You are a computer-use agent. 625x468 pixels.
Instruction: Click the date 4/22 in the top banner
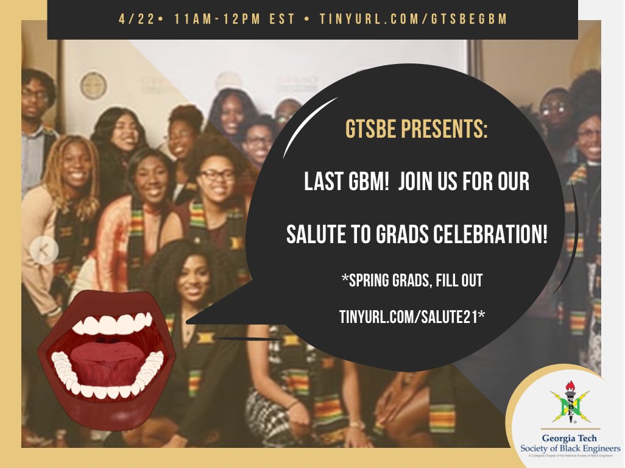click(131, 19)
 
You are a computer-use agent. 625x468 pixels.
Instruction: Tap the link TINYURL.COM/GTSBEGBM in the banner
click(414, 19)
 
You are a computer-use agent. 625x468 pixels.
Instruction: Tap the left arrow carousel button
click(44, 249)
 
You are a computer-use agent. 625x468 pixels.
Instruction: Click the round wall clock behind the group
click(93, 85)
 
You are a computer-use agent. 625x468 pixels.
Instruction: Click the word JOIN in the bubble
click(420, 182)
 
